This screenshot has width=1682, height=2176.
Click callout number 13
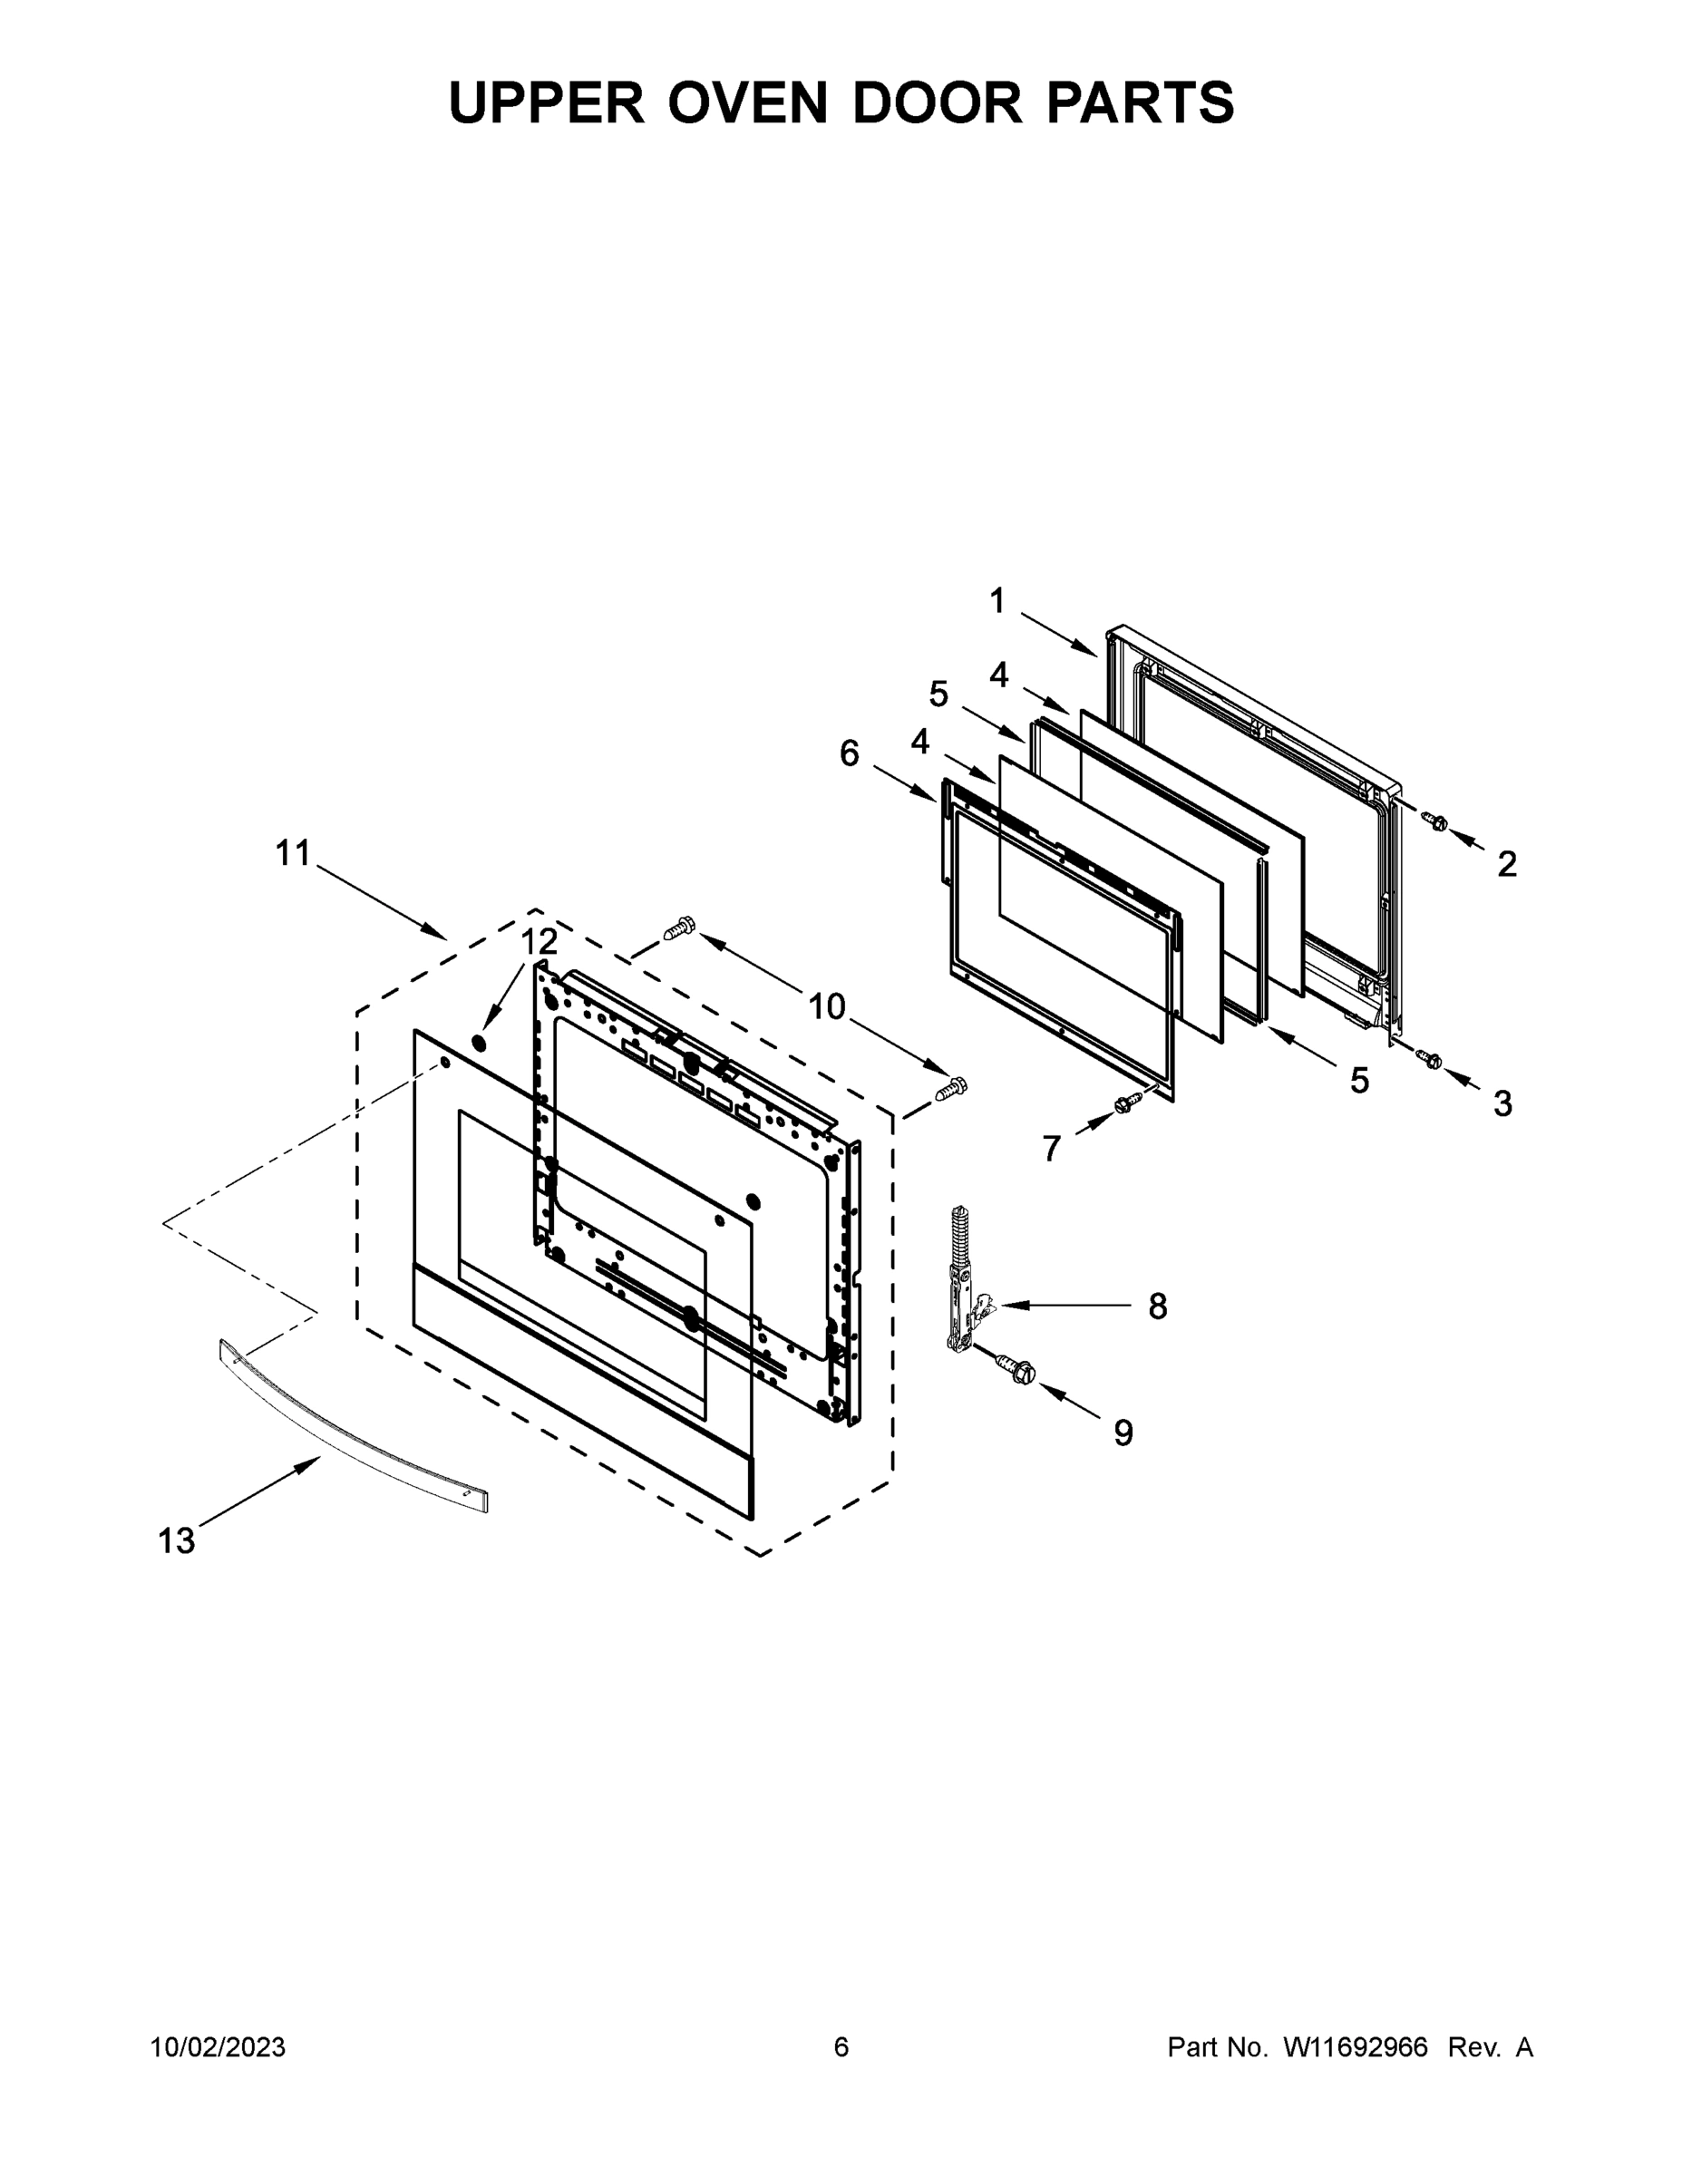click(177, 1541)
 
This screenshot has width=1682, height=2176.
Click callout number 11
click(293, 853)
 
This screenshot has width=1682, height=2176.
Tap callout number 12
click(540, 940)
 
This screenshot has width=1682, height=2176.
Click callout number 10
click(826, 1007)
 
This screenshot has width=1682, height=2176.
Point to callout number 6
click(849, 753)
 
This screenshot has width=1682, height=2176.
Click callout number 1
click(997, 601)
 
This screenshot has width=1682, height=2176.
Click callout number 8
click(1157, 1307)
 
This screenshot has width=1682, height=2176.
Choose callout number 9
click(1123, 1433)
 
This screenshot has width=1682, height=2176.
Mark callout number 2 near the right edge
click(1507, 864)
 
